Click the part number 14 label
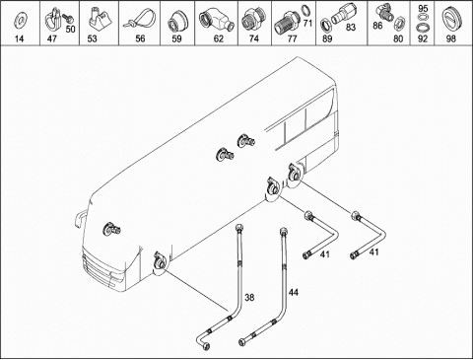(20, 38)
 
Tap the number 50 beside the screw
(70, 30)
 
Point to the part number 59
(176, 38)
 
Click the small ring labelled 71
(306, 10)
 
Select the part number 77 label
(292, 38)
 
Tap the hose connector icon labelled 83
(342, 14)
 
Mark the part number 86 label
(377, 26)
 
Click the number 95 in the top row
(423, 9)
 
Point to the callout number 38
(249, 298)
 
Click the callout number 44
(294, 292)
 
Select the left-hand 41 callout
(325, 253)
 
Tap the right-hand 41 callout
(374, 252)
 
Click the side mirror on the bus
(79, 219)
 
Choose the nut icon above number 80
(399, 22)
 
